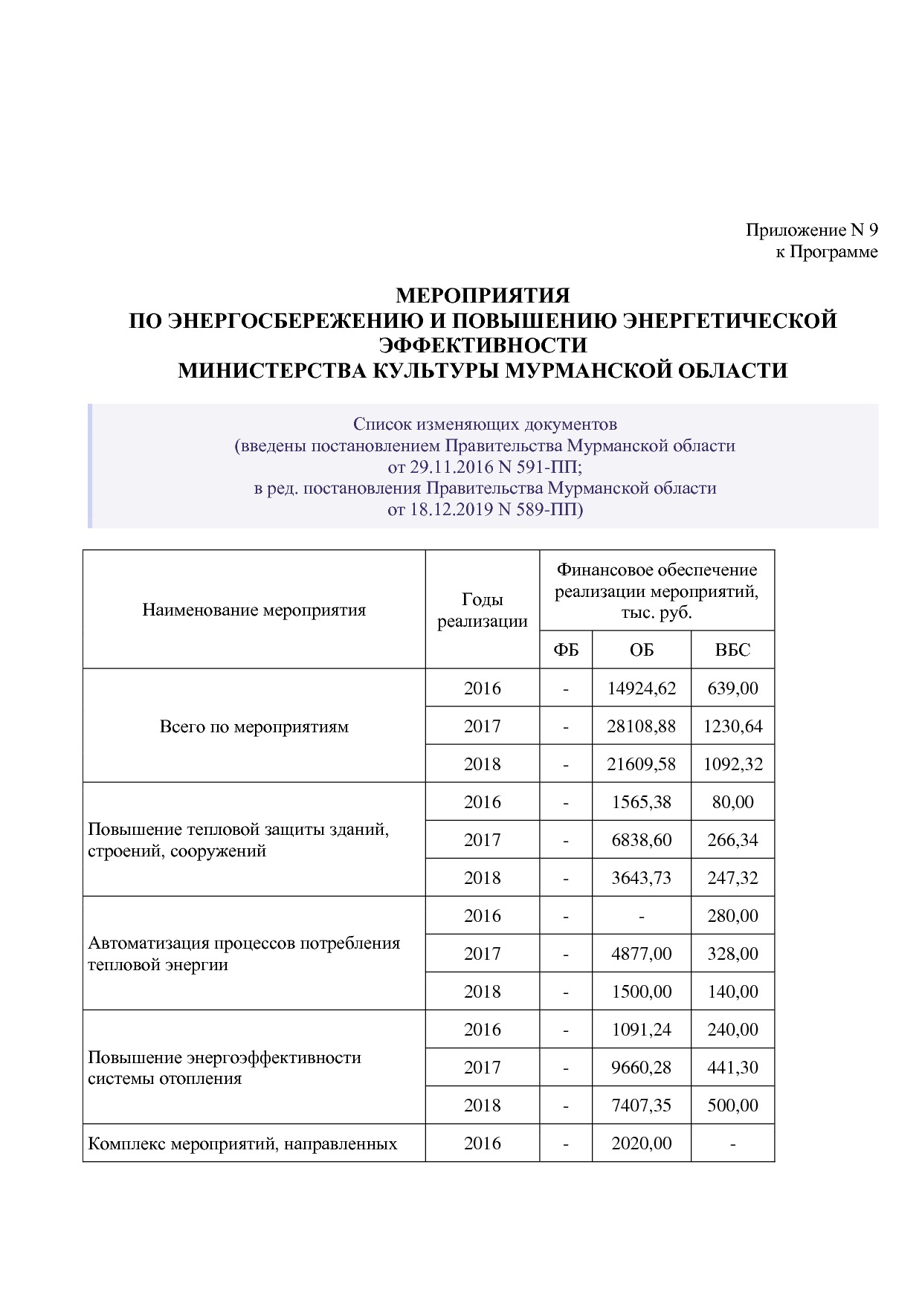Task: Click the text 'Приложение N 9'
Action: pyautogui.click(x=811, y=230)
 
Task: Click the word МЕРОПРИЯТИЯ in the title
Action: pyautogui.click(x=482, y=296)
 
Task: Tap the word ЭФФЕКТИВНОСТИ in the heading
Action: pyautogui.click(x=483, y=345)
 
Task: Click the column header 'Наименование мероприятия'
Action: pyautogui.click(x=254, y=610)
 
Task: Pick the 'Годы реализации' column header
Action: pyautogui.click(x=482, y=610)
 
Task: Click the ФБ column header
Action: pyautogui.click(x=565, y=650)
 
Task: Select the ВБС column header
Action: pyautogui.click(x=732, y=650)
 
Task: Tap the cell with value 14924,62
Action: pyautogui.click(x=641, y=688)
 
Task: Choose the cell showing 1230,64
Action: pyautogui.click(x=732, y=726)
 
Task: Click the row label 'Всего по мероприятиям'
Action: pyautogui.click(x=254, y=726)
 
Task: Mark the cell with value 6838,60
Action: pyautogui.click(x=641, y=840)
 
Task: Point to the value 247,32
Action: pyautogui.click(x=732, y=878)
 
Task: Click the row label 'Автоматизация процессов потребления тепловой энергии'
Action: pyautogui.click(x=243, y=954)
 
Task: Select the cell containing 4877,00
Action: pyautogui.click(x=641, y=954)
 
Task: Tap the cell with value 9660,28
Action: pyautogui.click(x=641, y=1068)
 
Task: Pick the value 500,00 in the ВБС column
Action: pyautogui.click(x=732, y=1106)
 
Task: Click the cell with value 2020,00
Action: pyautogui.click(x=641, y=1143)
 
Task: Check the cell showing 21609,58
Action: pyautogui.click(x=641, y=764)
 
